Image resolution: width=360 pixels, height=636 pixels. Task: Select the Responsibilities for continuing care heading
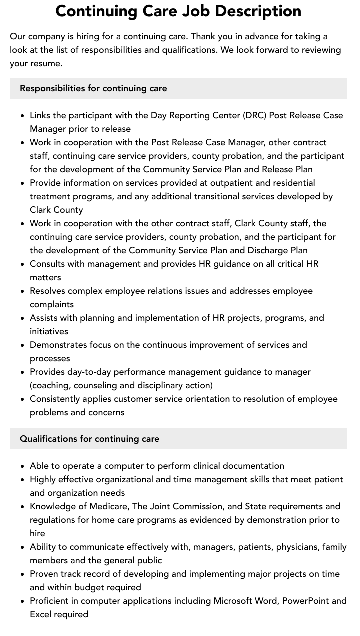click(x=93, y=88)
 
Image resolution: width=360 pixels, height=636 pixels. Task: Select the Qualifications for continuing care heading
click(x=89, y=439)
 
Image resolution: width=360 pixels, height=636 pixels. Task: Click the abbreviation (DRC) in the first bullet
click(x=255, y=115)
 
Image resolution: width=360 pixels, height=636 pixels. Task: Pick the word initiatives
click(x=49, y=331)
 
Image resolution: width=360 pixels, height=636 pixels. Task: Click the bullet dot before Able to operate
click(x=22, y=466)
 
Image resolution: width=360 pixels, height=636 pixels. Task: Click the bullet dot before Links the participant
click(x=22, y=116)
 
